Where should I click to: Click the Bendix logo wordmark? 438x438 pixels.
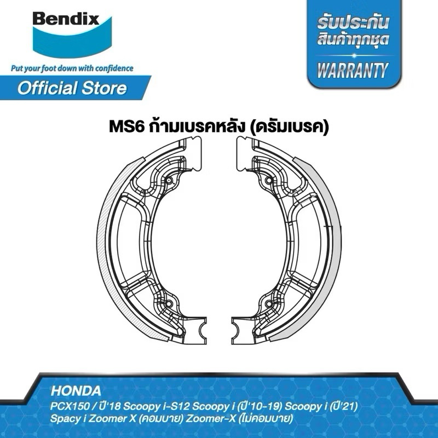click(66, 19)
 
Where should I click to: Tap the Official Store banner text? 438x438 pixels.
click(72, 88)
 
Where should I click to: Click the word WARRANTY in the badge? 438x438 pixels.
click(353, 70)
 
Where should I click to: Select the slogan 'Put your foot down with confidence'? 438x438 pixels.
click(72, 68)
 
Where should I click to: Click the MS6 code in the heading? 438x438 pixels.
click(126, 127)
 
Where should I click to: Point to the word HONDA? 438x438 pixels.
click(76, 391)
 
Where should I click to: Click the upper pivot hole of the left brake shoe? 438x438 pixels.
click(169, 181)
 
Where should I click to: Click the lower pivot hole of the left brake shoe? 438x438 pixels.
click(169, 304)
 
